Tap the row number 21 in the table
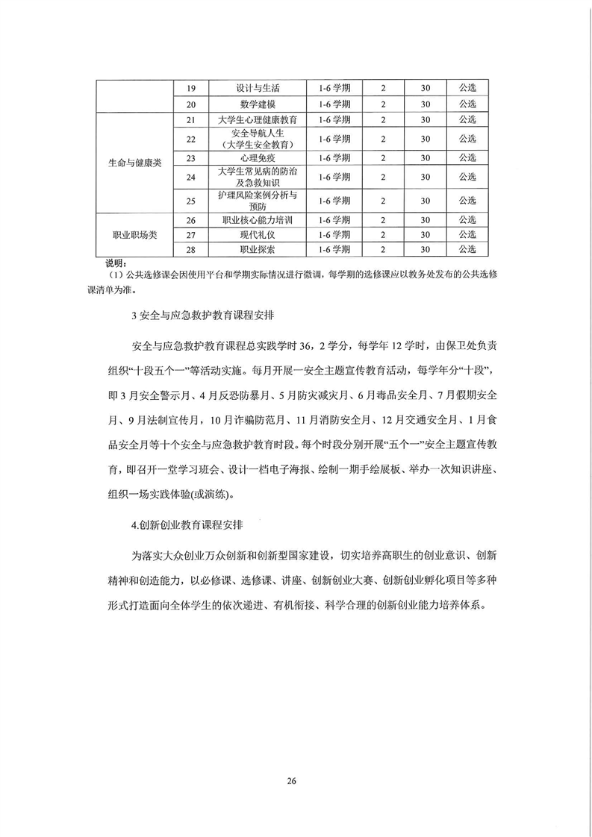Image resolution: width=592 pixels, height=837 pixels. [190, 119]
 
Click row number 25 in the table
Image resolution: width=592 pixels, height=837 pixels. [190, 200]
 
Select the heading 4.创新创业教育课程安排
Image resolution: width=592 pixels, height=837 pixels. [196, 524]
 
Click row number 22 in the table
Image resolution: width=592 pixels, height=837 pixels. [190, 138]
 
